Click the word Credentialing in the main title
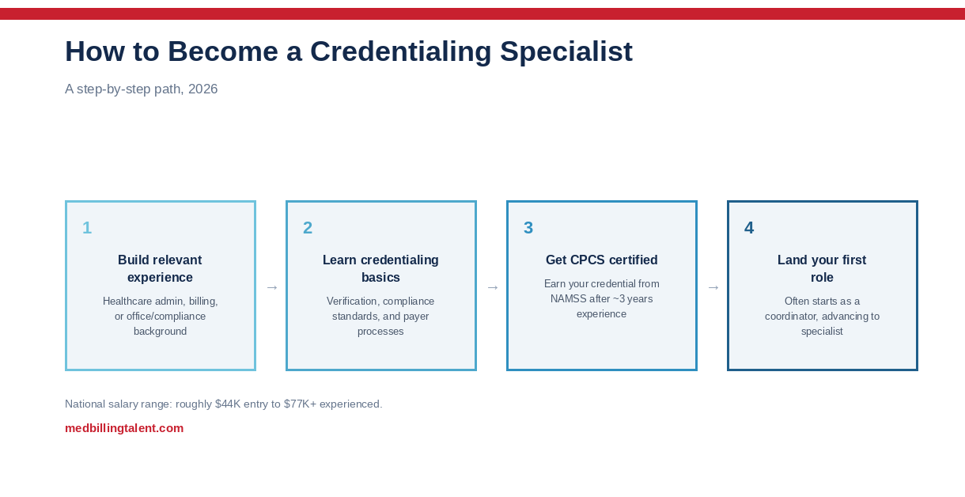pos(401,52)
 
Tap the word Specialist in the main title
pos(566,52)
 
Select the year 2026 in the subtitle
pos(203,89)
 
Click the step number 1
pos(87,228)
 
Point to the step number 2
pos(308,228)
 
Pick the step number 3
pos(528,228)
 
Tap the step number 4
pos(749,228)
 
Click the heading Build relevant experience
pos(160,268)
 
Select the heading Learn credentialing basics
pos(380,268)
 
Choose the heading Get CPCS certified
pos(601,260)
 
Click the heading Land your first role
pos(822,268)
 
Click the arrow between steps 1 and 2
pos(272,287)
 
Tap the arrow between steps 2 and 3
pos(493,287)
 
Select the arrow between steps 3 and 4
pos(713,287)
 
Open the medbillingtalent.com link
pos(124,428)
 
